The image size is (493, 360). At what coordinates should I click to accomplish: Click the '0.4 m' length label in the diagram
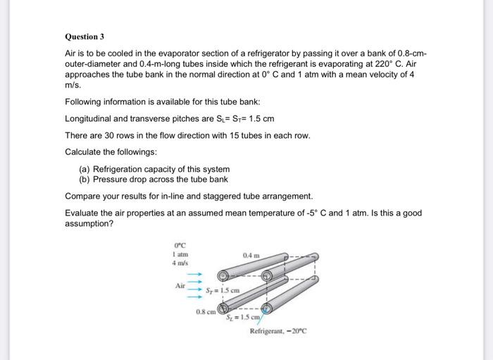[x=251, y=254]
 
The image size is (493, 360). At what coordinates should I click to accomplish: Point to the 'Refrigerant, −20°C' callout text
[x=279, y=331]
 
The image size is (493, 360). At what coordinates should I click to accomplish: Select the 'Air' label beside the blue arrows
[x=180, y=285]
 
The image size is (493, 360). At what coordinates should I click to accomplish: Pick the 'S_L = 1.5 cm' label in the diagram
[x=243, y=318]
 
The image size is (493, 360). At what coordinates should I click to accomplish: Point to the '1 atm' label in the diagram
[x=180, y=254]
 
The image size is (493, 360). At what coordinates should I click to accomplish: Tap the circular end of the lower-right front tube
[x=267, y=308]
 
